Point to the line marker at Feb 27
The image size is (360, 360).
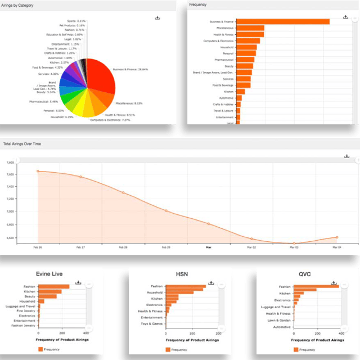[x=80, y=177]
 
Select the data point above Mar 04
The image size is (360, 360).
[x=336, y=237]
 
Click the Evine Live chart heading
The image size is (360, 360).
[x=48, y=274]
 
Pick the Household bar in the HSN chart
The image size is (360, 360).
[x=179, y=292]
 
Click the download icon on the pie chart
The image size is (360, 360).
[x=157, y=18]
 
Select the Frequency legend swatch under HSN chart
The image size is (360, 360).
[x=168, y=350]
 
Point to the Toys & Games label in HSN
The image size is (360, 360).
[x=152, y=324]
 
